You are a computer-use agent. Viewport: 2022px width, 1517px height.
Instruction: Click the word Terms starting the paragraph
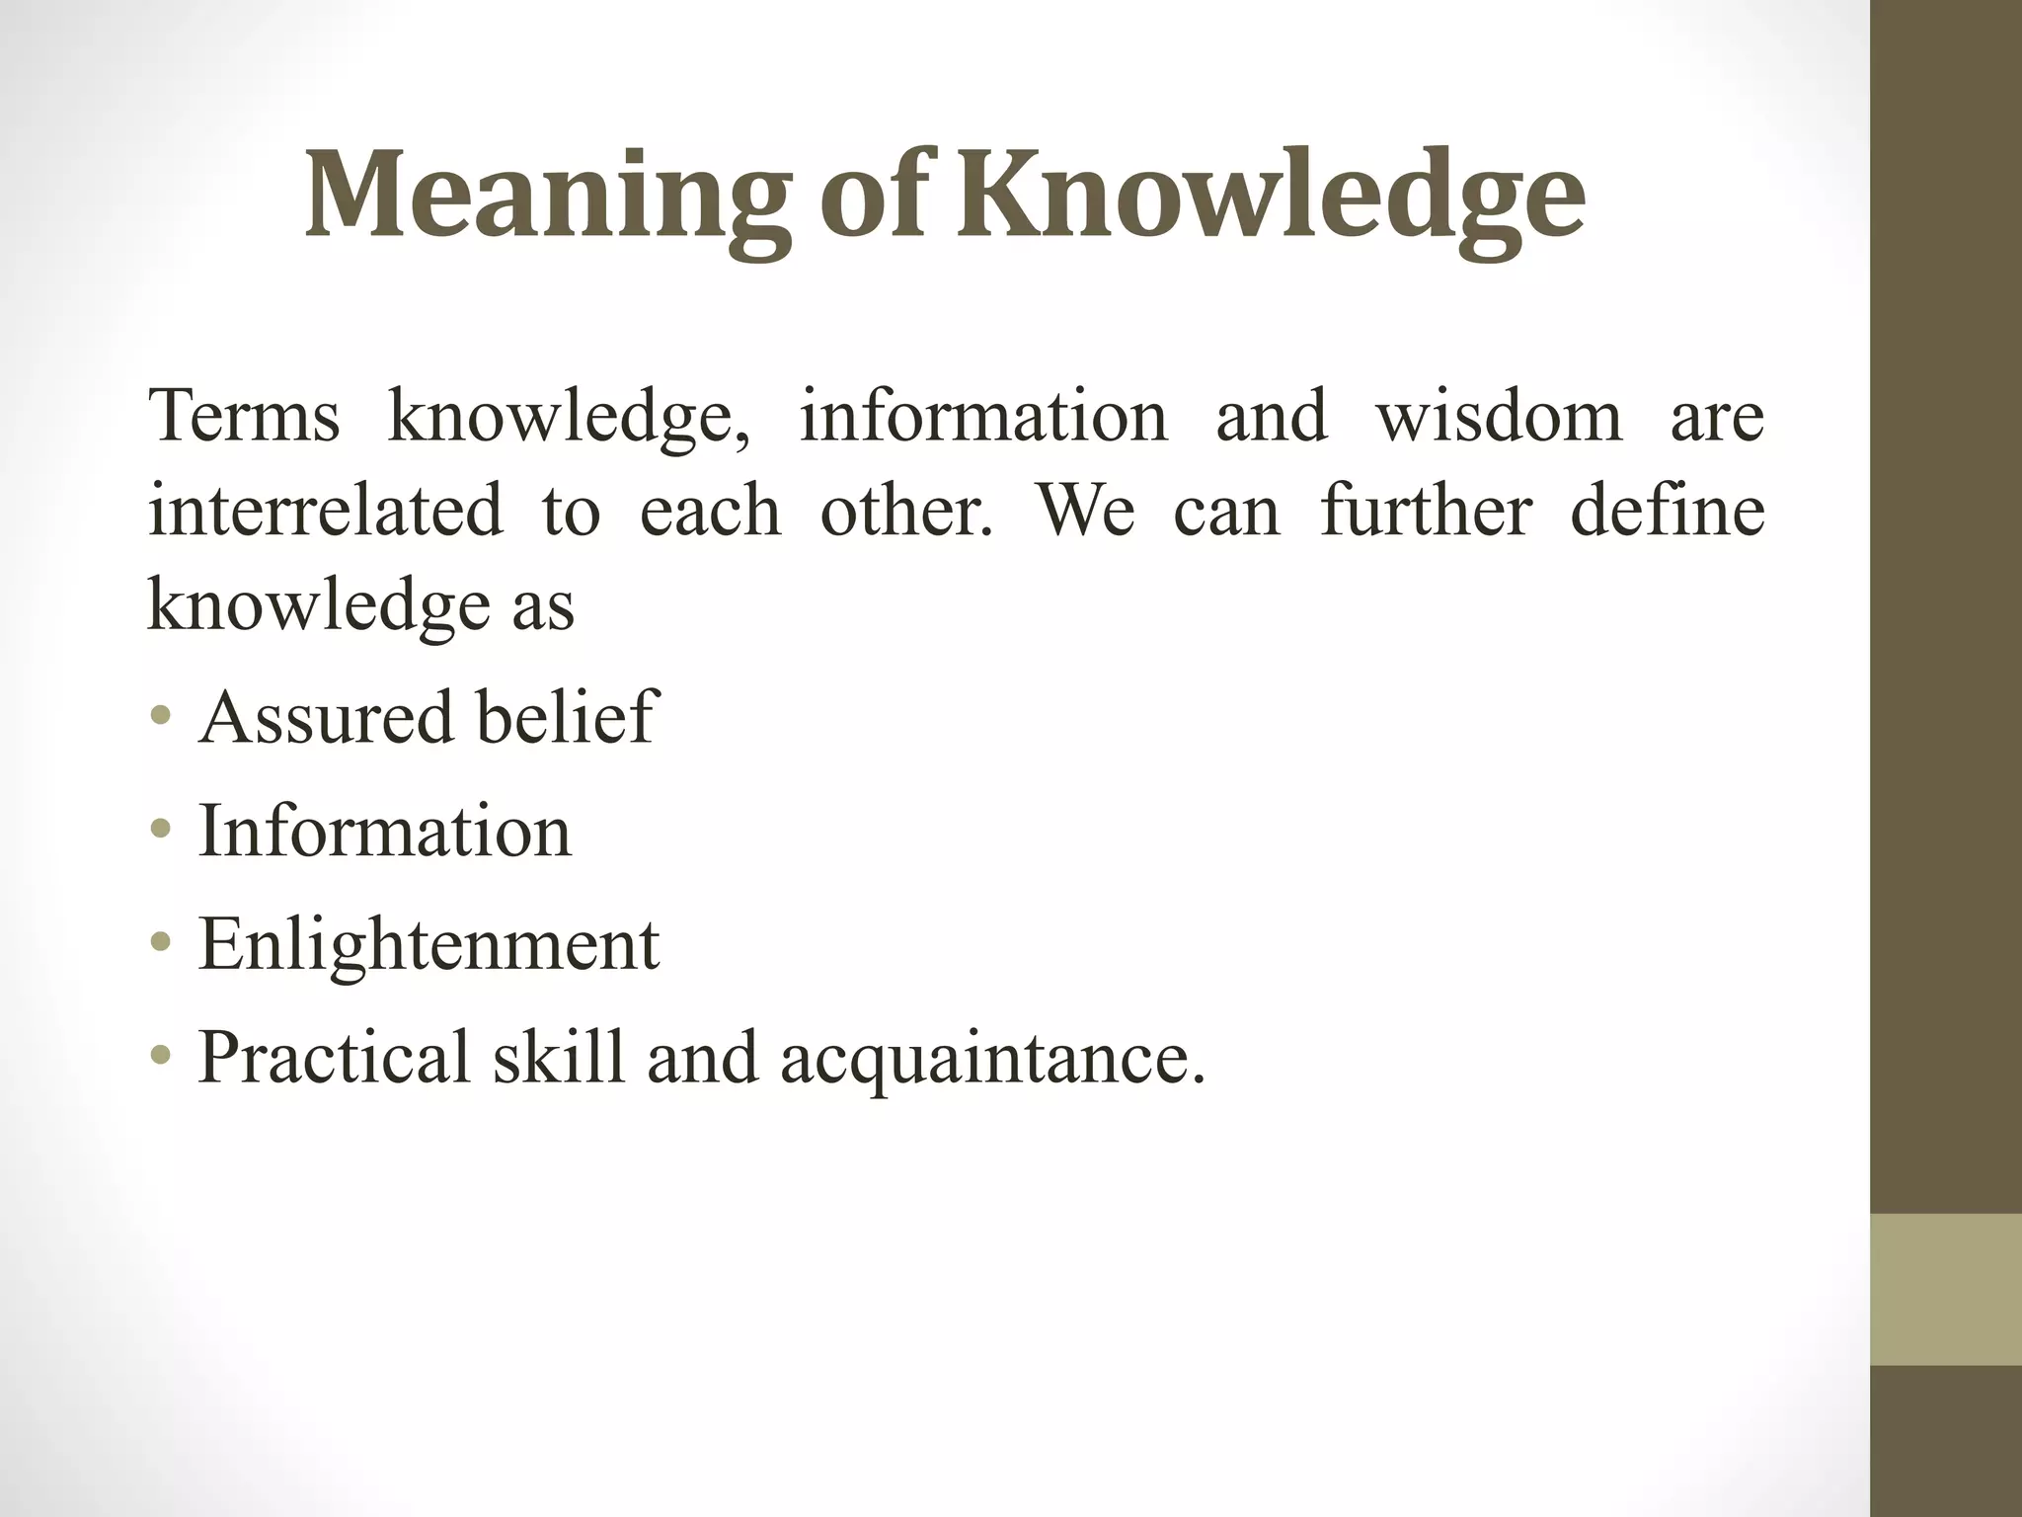[244, 416]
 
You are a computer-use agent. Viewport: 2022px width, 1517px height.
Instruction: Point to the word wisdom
[1499, 416]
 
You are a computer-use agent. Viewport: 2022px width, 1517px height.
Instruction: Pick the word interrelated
[325, 511]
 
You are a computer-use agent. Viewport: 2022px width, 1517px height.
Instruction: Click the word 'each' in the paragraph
[710, 511]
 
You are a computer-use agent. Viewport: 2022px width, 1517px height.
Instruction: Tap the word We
[1086, 511]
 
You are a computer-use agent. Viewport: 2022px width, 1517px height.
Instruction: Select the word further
[1426, 511]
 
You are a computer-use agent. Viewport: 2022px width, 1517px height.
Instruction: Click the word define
[1667, 511]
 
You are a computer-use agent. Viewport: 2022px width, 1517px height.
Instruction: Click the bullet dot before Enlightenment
[161, 942]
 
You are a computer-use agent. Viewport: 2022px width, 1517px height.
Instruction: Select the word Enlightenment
[428, 944]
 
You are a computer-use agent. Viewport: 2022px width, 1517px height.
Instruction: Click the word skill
[559, 1058]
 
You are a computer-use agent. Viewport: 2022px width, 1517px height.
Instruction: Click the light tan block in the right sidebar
[1945, 1289]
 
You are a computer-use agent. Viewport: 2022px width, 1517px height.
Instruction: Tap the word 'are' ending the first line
[1717, 416]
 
